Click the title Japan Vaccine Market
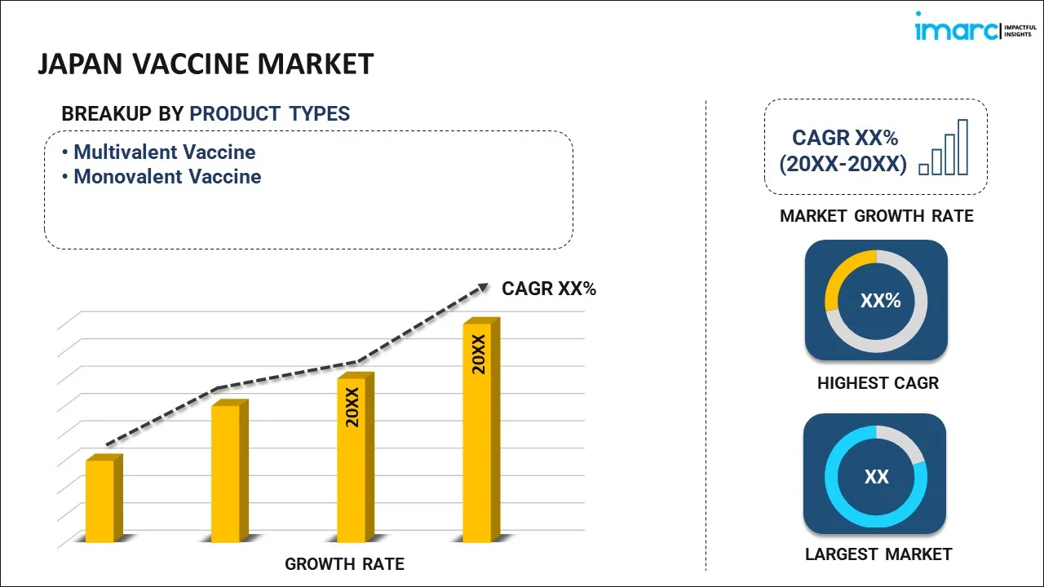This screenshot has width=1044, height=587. [x=206, y=64]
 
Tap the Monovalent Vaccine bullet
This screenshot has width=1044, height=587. [x=167, y=177]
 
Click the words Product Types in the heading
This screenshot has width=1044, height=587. [x=270, y=114]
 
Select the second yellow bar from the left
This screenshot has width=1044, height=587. [x=226, y=472]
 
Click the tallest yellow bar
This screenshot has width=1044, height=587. [x=478, y=431]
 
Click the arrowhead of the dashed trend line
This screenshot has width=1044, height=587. [x=482, y=287]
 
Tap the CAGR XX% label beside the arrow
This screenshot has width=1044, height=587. [x=549, y=289]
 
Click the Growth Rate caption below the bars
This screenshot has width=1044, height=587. [x=344, y=564]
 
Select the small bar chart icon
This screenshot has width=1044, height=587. [x=944, y=148]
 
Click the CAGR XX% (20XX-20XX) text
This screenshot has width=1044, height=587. [x=843, y=151]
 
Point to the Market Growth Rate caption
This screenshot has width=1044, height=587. [x=877, y=216]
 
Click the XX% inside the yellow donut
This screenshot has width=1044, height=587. [x=881, y=301]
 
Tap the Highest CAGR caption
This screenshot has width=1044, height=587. [x=878, y=383]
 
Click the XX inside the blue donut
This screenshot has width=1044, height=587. [x=877, y=477]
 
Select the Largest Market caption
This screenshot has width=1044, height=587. [x=878, y=554]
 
